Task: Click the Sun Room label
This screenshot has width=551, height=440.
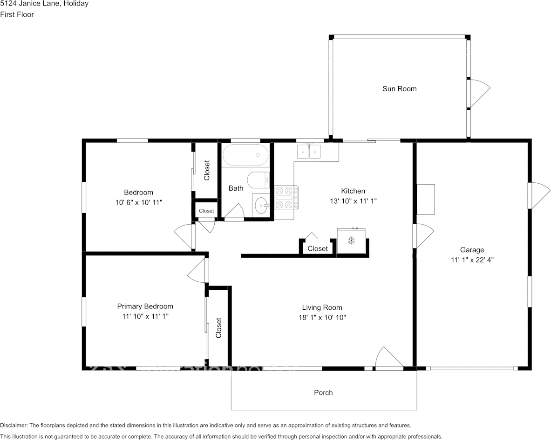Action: (x=400, y=89)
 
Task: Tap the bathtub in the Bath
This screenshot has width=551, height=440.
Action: (x=245, y=155)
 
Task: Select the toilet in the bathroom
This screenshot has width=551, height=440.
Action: (x=258, y=180)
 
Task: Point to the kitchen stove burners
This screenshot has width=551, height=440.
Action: (x=284, y=198)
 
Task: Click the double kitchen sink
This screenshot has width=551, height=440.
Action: (x=309, y=152)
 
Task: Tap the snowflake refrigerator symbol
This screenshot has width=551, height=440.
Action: (x=351, y=241)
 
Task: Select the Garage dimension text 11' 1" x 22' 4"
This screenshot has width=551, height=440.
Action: (x=472, y=260)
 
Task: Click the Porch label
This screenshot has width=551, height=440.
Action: (x=323, y=393)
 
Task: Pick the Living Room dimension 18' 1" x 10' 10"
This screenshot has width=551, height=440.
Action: (x=322, y=318)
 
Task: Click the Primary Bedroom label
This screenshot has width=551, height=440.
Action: (x=145, y=307)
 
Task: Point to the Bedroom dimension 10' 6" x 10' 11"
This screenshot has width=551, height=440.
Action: (x=139, y=202)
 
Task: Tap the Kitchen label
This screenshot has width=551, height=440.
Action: (x=353, y=191)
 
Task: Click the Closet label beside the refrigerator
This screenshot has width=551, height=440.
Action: (x=318, y=248)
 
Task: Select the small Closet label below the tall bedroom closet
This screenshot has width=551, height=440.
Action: (x=206, y=211)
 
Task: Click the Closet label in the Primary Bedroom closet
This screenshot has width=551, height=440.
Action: (x=218, y=328)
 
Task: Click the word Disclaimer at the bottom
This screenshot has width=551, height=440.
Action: (x=14, y=425)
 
